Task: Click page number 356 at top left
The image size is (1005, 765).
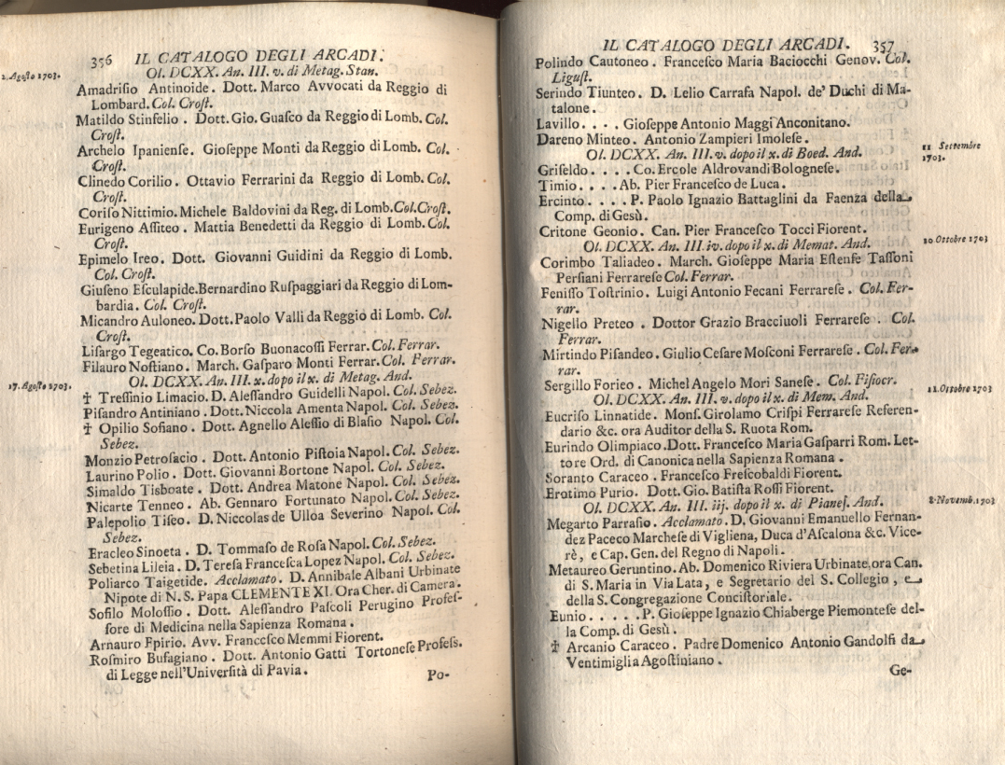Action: pos(101,61)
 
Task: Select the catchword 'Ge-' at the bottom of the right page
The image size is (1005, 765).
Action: pos(900,669)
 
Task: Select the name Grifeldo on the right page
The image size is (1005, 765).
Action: pos(561,170)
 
